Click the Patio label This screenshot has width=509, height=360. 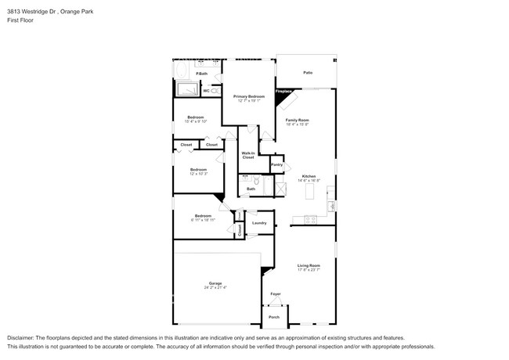point(309,73)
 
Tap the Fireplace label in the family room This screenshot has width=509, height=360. point(283,90)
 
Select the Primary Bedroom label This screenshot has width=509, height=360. point(249,96)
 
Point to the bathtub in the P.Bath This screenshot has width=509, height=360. point(183,73)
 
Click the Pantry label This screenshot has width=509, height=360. point(276,164)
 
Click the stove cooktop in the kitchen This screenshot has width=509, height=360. point(310,220)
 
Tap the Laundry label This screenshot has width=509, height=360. point(259,223)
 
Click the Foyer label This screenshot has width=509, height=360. point(276,294)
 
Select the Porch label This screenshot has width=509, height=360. point(274,317)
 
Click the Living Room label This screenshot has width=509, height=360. point(309,266)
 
